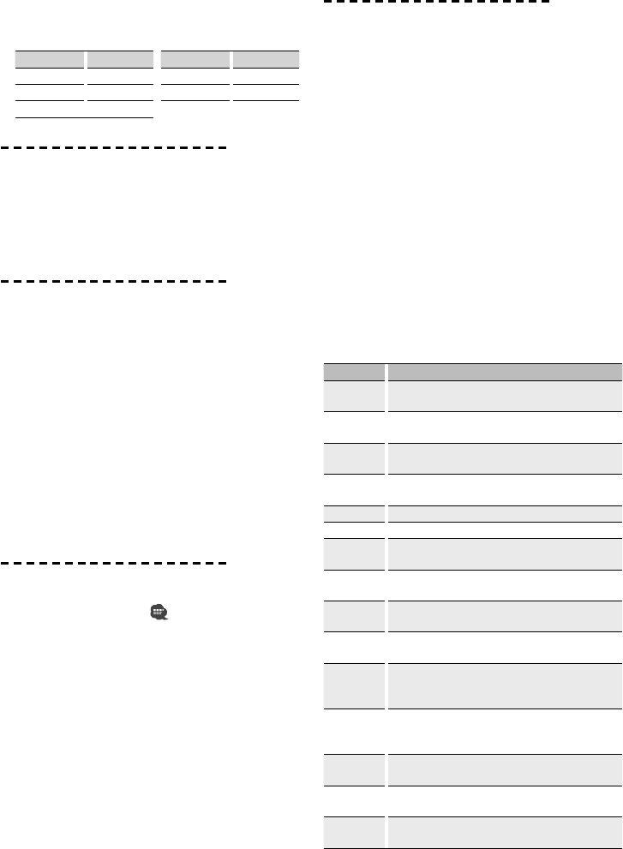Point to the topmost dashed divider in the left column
113,148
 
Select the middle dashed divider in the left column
113,281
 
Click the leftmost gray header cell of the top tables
50,60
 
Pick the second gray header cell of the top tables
120,60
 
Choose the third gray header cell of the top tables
195,60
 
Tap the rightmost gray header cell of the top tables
266,60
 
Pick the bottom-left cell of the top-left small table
50,108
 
